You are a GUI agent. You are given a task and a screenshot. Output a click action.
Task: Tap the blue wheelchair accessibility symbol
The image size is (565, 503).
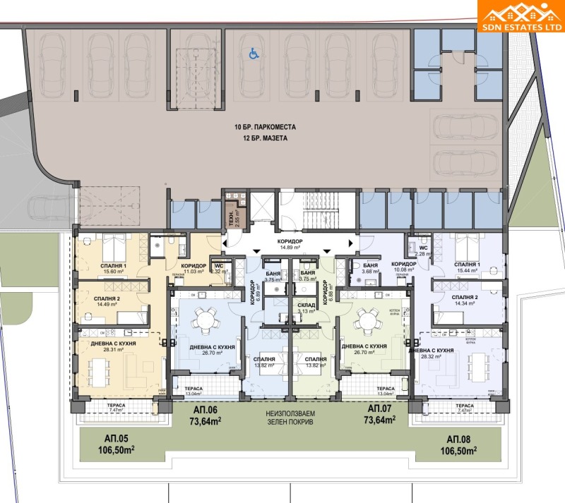(252, 51)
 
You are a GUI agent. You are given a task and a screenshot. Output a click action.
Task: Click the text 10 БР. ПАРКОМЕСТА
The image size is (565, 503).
(266, 128)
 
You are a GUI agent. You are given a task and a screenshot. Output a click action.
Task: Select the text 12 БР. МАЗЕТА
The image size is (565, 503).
(266, 140)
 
